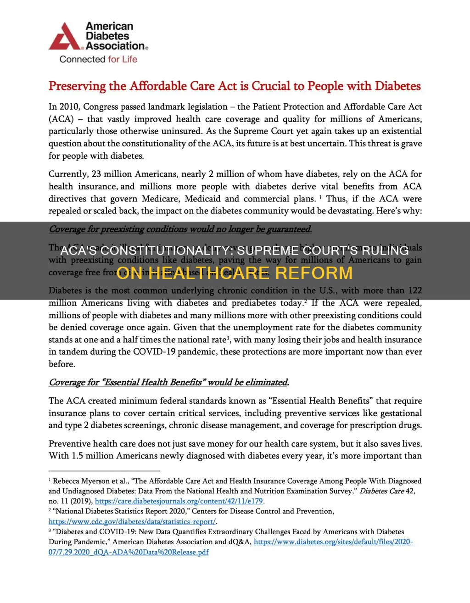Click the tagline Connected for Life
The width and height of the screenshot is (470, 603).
click(x=98, y=59)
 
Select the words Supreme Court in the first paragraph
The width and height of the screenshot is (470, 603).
click(x=258, y=131)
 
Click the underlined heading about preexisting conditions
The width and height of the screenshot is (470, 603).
click(x=180, y=229)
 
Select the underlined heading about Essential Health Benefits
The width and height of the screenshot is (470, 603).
click(x=168, y=382)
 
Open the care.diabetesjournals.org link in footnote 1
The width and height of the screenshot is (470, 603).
click(x=179, y=501)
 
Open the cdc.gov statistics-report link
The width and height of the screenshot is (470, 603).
click(x=132, y=522)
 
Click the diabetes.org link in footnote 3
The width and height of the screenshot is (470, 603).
click(x=333, y=542)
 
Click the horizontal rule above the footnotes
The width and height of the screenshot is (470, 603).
click(x=104, y=471)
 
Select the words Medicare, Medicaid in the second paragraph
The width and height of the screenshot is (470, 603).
click(x=182, y=199)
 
